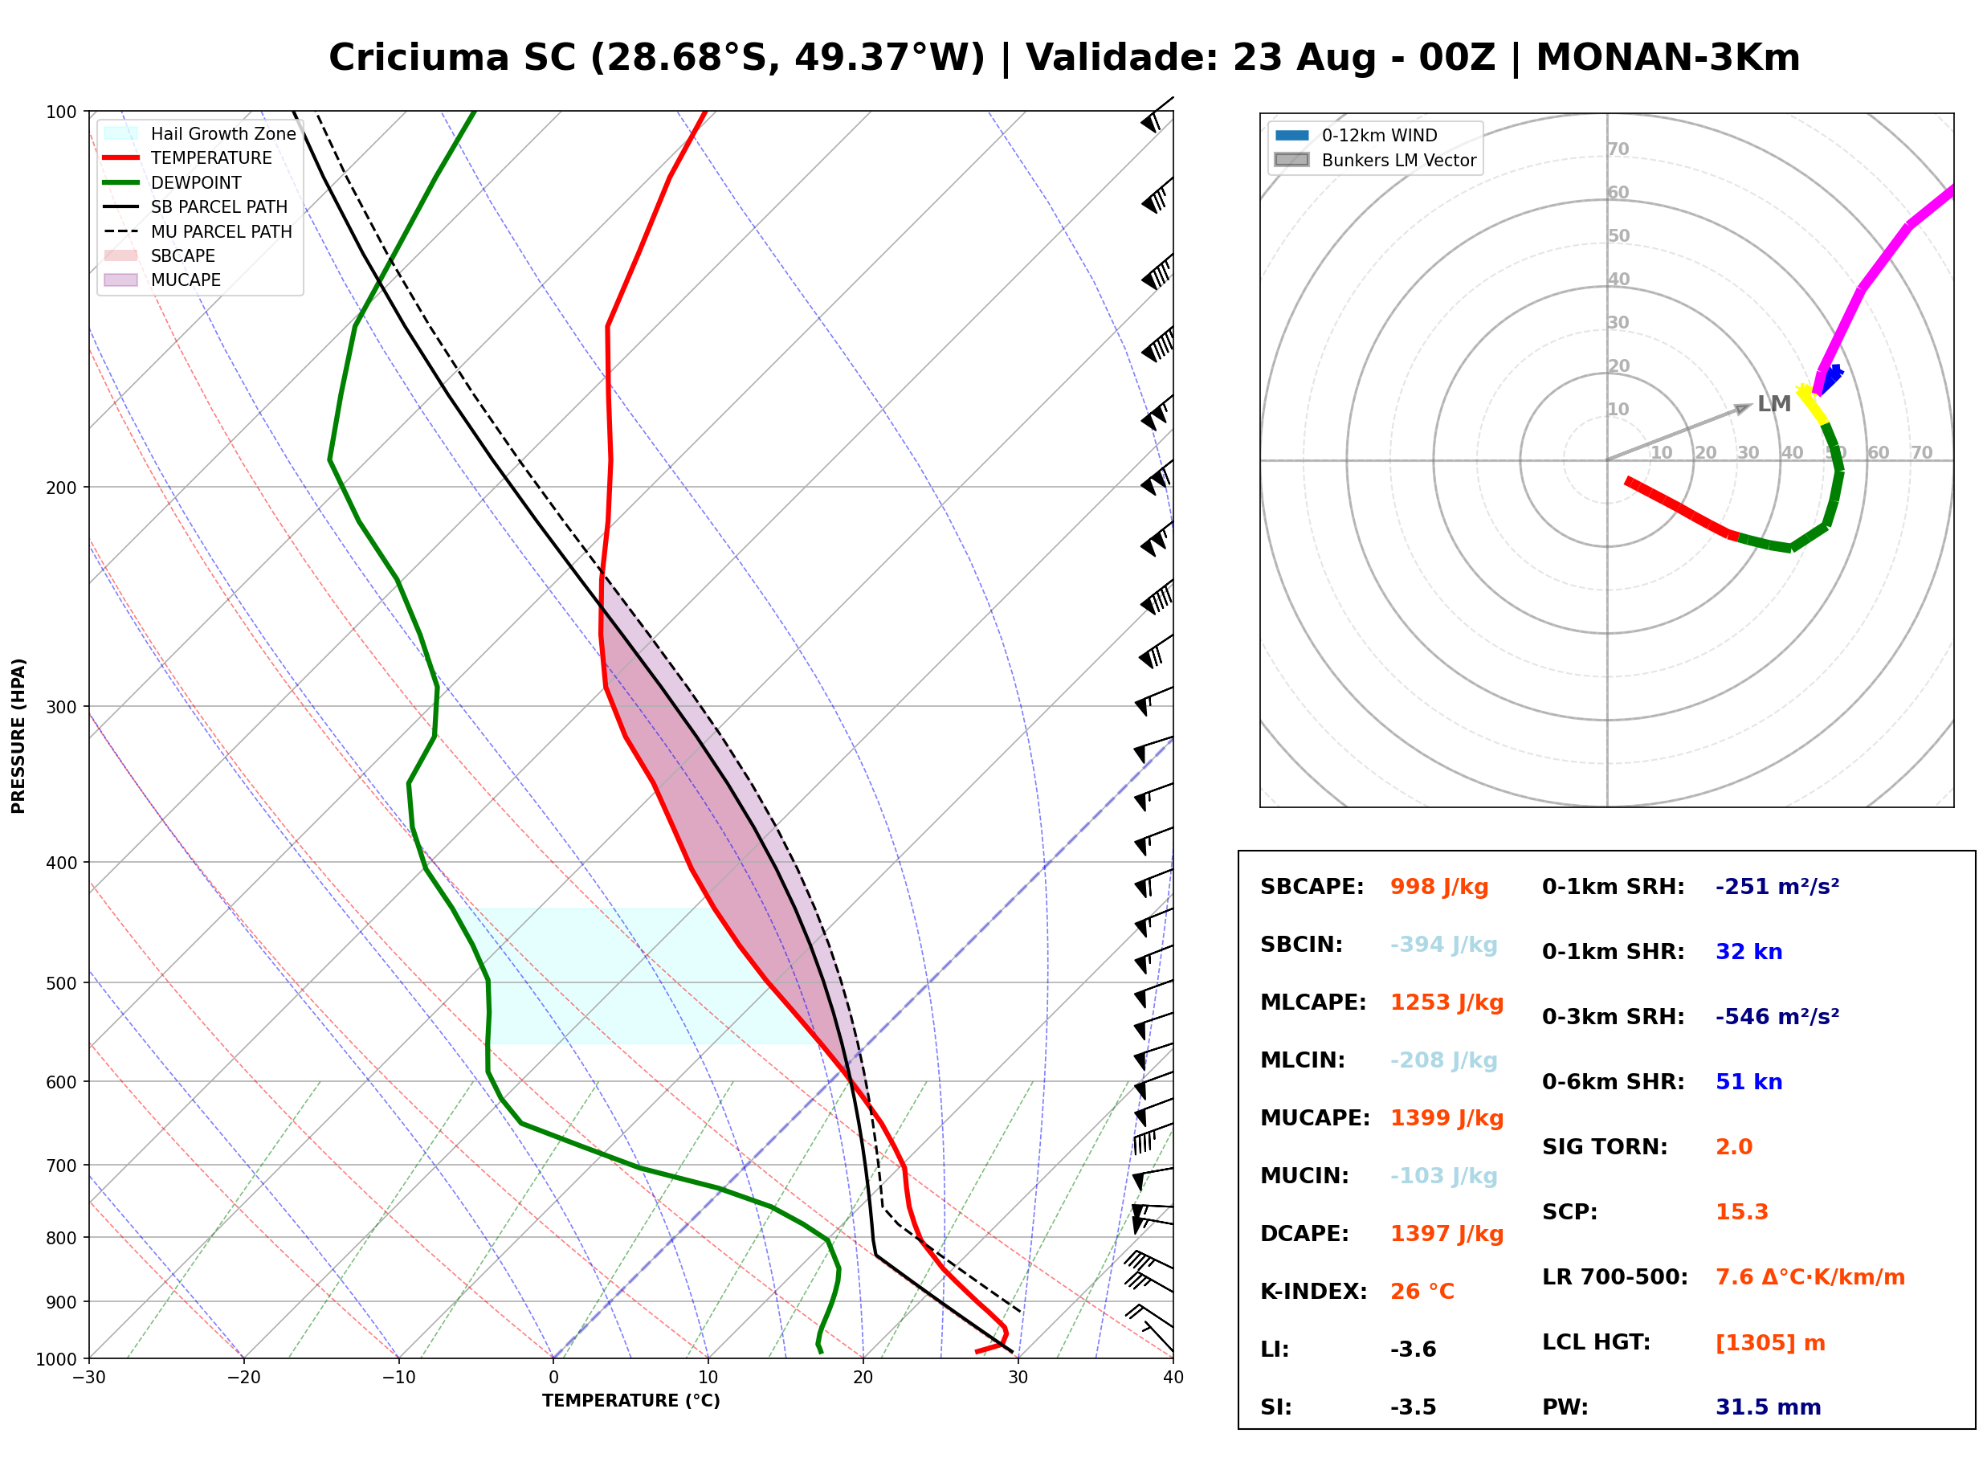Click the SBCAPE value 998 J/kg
click(x=1439, y=887)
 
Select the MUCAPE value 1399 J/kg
click(x=1447, y=1118)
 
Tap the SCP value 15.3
click(x=1741, y=1212)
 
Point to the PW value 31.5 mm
click(x=1769, y=1407)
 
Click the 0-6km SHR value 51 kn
click(x=1748, y=1082)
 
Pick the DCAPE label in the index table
click(x=1304, y=1234)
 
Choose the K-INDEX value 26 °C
click(x=1422, y=1292)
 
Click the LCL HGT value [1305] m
click(x=1770, y=1344)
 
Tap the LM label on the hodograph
click(x=1773, y=404)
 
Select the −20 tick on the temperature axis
click(x=243, y=1378)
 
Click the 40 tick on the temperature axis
click(x=1173, y=1378)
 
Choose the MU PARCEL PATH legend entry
click(x=198, y=231)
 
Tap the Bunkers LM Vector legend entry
click(x=1375, y=160)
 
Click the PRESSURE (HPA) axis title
click(x=18, y=736)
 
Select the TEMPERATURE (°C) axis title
click(x=631, y=1402)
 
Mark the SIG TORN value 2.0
click(x=1733, y=1147)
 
